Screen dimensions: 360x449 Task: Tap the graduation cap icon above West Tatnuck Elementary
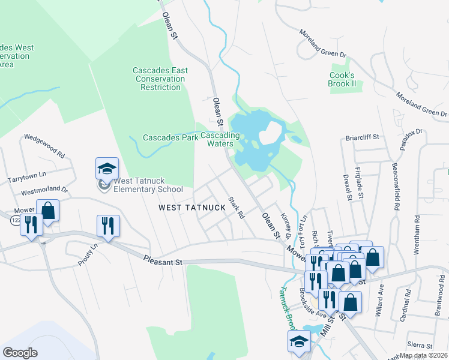pyautogui.click(x=107, y=169)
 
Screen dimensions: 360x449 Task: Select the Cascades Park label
pyautogui.click(x=170, y=138)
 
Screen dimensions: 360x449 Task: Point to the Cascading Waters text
pyautogui.click(x=220, y=140)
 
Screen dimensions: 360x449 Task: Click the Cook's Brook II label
pyautogui.click(x=343, y=79)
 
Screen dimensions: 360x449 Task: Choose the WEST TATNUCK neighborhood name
pyautogui.click(x=191, y=208)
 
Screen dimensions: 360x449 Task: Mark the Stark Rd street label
pyautogui.click(x=237, y=207)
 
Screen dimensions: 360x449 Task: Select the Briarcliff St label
pyautogui.click(x=362, y=137)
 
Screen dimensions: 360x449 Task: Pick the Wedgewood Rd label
pyautogui.click(x=44, y=145)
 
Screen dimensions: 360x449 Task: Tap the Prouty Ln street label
pyautogui.click(x=88, y=254)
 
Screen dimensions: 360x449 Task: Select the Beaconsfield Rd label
pyautogui.click(x=396, y=185)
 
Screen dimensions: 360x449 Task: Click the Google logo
pyautogui.click(x=20, y=353)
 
